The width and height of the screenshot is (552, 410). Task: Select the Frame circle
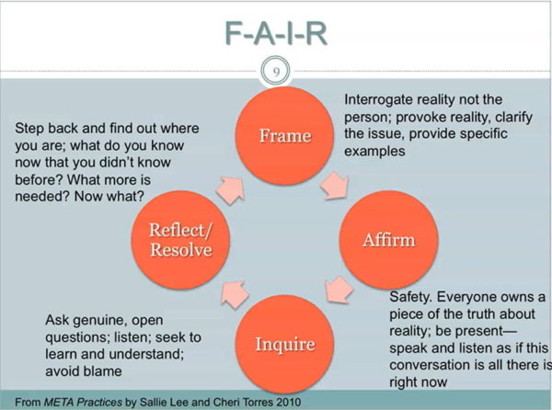pyautogui.click(x=284, y=136)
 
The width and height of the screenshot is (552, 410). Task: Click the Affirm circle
pyautogui.click(x=387, y=241)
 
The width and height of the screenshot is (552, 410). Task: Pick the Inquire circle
pyautogui.click(x=284, y=345)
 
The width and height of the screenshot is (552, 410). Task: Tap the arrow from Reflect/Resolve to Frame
pyautogui.click(x=232, y=188)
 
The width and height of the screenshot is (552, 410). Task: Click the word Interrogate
pyautogui.click(x=381, y=99)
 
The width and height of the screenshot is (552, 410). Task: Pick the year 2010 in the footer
pyautogui.click(x=285, y=402)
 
